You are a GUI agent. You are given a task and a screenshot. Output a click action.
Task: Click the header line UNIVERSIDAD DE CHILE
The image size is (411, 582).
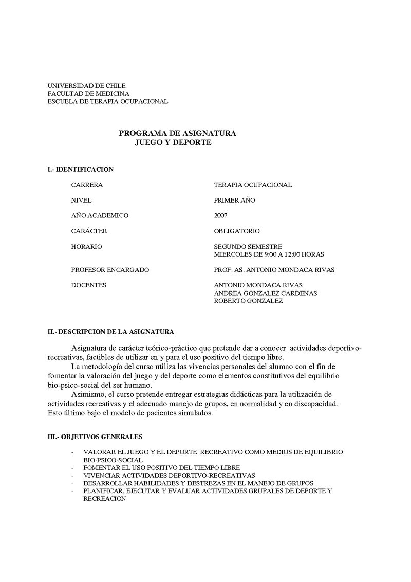pos(86,85)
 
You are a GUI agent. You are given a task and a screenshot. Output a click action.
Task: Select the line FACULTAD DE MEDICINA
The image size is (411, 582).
pos(88,94)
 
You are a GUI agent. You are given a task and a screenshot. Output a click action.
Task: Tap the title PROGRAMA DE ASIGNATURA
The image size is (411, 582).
pos(177,133)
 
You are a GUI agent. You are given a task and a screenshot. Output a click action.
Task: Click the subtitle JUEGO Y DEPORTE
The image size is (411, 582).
pos(173,142)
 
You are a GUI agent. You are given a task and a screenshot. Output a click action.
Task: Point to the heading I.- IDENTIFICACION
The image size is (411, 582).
pos(80,169)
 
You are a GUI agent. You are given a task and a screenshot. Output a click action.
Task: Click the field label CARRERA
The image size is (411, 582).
pos(87,185)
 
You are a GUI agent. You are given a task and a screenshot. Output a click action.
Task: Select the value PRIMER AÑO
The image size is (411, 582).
pos(234,201)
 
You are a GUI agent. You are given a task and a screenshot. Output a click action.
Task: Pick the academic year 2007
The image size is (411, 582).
pos(220,216)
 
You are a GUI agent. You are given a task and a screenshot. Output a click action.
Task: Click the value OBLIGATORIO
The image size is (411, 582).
pos(237,231)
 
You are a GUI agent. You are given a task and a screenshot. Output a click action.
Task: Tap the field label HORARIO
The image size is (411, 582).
pos(87,247)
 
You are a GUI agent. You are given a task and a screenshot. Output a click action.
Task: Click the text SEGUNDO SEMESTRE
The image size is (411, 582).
pos(248,247)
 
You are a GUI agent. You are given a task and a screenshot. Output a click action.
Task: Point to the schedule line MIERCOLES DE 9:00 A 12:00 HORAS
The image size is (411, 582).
pos(269,254)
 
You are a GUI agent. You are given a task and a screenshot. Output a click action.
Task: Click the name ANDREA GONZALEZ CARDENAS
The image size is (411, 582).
pos(265,294)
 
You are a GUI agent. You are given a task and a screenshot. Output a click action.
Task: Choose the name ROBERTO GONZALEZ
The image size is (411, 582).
pos(248,301)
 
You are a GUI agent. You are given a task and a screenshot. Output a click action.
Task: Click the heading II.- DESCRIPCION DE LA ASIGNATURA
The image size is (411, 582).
pos(110,332)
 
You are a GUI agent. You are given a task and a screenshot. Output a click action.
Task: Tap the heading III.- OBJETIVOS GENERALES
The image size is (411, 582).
pos(95,436)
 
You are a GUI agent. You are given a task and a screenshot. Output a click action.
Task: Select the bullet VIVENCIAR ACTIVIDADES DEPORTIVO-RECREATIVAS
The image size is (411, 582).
pos(169,476)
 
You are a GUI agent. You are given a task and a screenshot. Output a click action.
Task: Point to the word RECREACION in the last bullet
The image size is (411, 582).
pos(104,499)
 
